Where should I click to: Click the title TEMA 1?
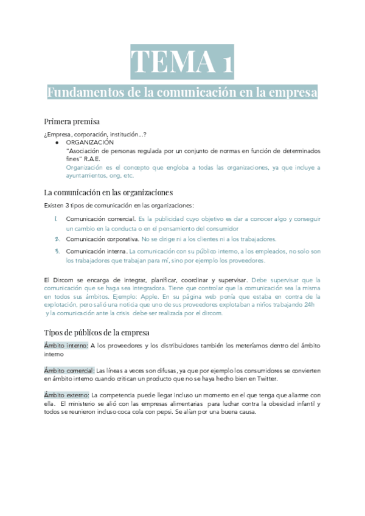(x=182, y=62)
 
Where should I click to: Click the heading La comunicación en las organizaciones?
(x=109, y=192)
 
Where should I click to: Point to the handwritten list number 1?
(x=55, y=218)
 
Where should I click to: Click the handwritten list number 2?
(x=56, y=239)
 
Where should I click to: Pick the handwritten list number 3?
(x=56, y=251)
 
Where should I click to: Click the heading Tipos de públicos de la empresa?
(x=101, y=332)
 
